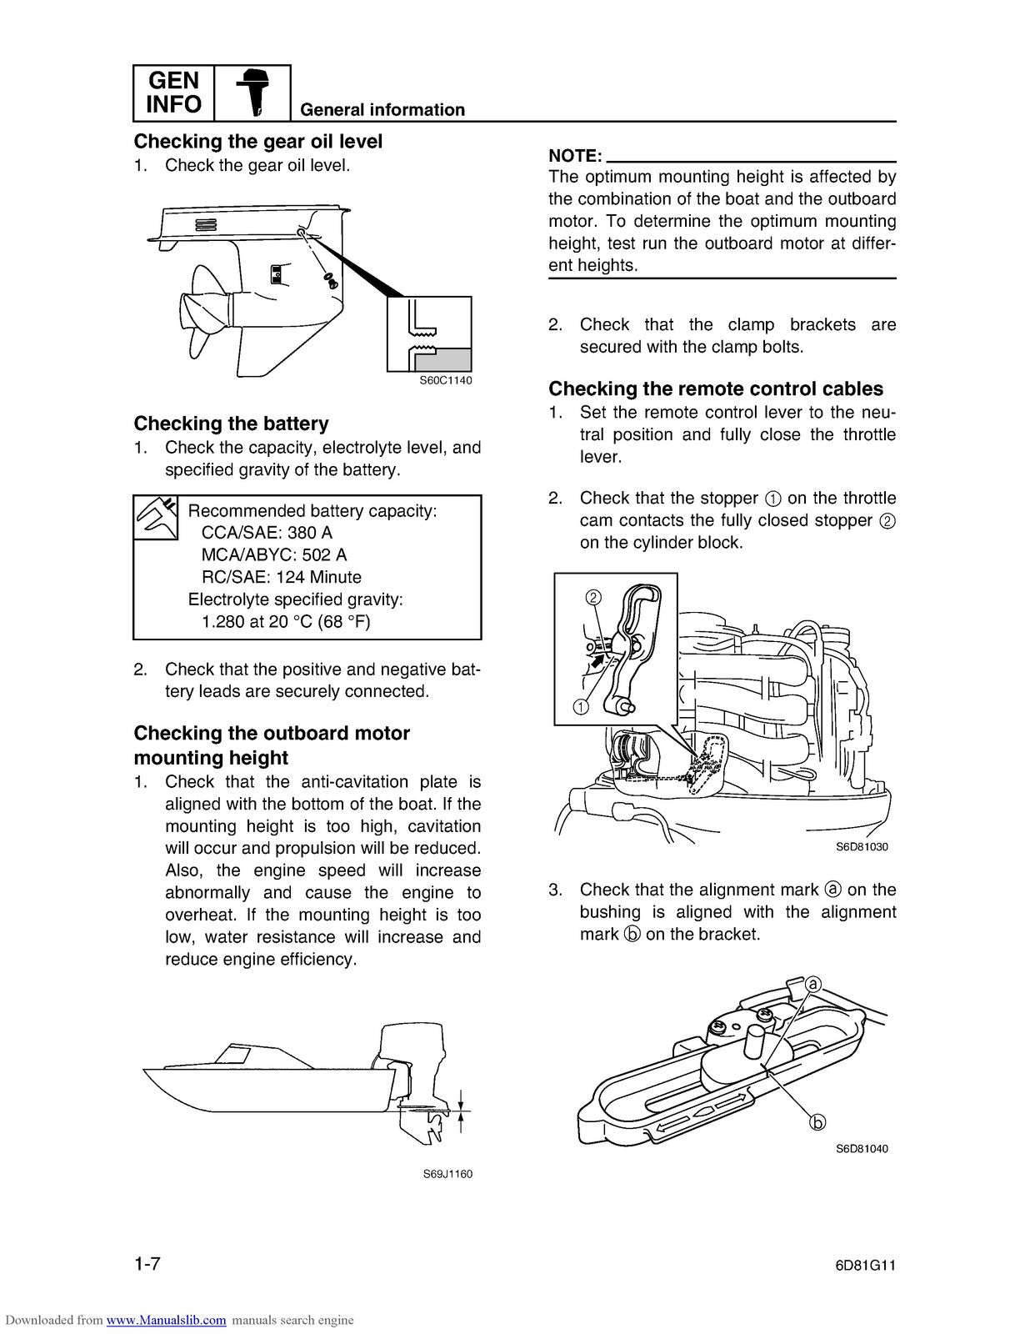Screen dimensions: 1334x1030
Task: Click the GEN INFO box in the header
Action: (173, 93)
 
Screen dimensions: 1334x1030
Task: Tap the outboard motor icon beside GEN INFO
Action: (252, 93)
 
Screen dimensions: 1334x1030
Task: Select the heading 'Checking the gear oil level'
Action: (257, 142)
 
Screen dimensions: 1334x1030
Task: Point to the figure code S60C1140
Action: (445, 380)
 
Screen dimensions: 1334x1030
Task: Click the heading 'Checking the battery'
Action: (231, 424)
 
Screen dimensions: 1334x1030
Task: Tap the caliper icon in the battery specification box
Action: (156, 518)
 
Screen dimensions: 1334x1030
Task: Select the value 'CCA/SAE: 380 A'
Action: (267, 533)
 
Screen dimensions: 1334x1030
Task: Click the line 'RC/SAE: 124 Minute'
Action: (281, 577)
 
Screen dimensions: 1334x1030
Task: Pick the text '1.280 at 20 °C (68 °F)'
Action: (286, 621)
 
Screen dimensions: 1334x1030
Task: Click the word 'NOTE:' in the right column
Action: (575, 156)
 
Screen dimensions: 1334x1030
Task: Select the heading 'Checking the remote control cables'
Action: (715, 389)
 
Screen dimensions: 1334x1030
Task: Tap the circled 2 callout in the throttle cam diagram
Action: (593, 597)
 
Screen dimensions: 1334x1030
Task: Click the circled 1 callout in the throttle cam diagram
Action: (581, 707)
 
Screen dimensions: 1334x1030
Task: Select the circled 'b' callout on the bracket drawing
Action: (818, 1122)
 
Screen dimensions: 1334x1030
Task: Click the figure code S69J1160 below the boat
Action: (447, 1174)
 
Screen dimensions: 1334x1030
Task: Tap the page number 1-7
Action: (147, 1264)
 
